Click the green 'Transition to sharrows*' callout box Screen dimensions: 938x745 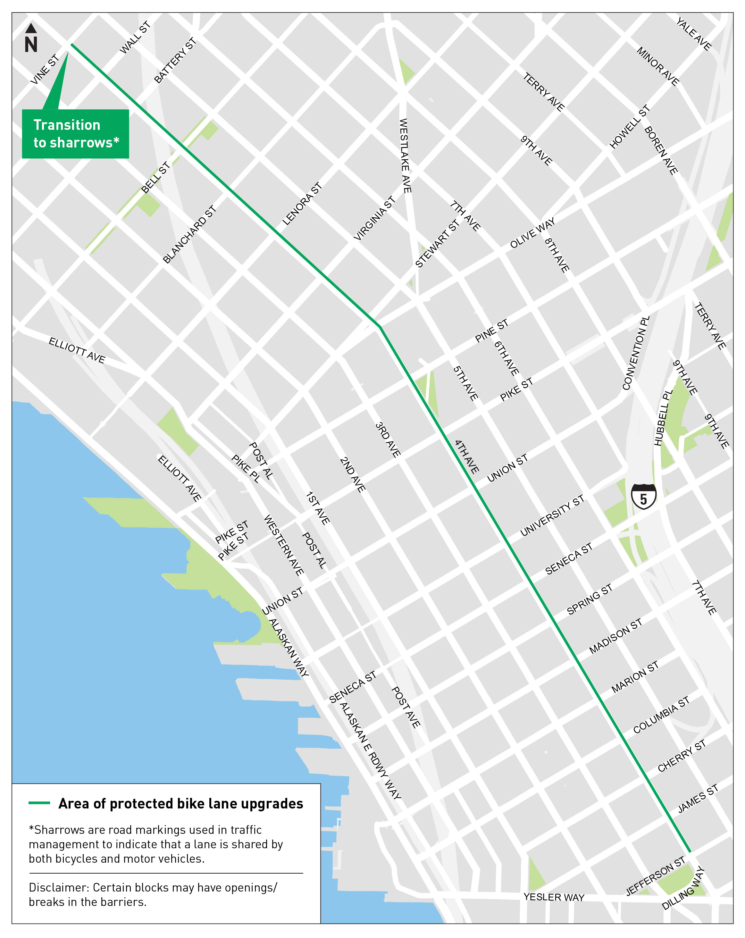[x=75, y=134]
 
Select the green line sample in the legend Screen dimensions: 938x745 [x=39, y=803]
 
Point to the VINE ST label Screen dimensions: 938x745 [x=44, y=70]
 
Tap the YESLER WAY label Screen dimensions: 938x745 [x=554, y=897]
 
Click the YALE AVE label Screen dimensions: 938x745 [x=694, y=34]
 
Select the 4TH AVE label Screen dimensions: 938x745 [x=466, y=456]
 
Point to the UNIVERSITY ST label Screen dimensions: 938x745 [x=552, y=515]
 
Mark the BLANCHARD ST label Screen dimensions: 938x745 [x=189, y=235]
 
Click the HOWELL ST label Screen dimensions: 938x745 [x=629, y=127]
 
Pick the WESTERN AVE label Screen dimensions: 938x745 [x=283, y=545]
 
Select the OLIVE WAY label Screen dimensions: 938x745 [x=532, y=233]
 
